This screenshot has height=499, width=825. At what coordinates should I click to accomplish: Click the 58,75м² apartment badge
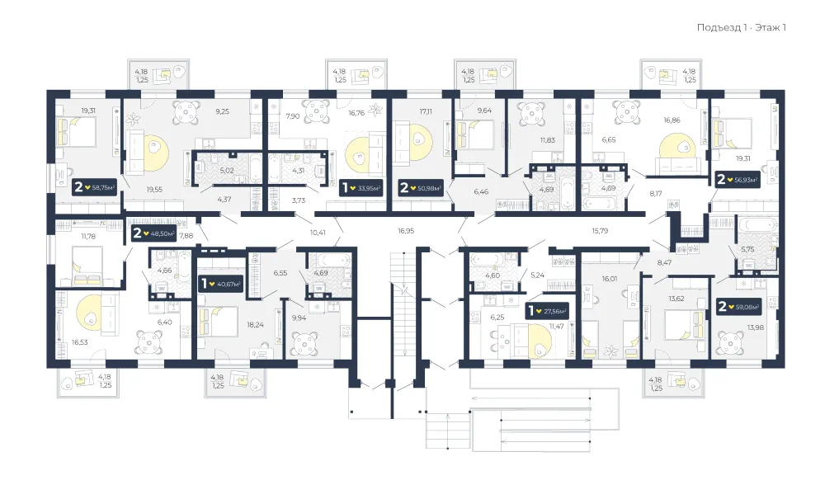95,186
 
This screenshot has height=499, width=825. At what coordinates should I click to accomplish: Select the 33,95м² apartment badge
361,188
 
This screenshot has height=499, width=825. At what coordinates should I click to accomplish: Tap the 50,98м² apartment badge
421,188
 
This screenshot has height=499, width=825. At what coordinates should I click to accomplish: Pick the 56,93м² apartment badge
738,179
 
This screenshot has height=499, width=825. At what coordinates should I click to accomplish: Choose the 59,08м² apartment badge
739,306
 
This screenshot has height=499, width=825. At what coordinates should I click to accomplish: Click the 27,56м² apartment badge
548,311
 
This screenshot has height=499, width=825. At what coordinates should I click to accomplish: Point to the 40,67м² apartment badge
221,284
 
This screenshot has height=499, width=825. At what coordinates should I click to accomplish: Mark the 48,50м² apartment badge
153,233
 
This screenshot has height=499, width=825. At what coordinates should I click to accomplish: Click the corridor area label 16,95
406,230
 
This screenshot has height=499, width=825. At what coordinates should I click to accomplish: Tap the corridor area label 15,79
600,230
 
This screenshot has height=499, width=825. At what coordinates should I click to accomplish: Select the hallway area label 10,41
318,232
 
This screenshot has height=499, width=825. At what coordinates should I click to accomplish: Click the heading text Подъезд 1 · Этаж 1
742,27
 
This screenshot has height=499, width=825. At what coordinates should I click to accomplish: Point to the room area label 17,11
426,111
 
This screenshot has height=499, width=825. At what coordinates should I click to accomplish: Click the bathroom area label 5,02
227,171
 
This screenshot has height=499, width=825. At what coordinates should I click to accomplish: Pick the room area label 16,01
610,279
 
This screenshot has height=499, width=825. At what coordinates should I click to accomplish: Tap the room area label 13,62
676,299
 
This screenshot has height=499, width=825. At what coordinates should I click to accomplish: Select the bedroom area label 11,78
88,236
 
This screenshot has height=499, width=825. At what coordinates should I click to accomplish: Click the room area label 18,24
255,324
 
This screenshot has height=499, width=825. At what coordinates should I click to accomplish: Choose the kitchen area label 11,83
547,140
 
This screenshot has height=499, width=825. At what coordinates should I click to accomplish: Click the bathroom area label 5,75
747,249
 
